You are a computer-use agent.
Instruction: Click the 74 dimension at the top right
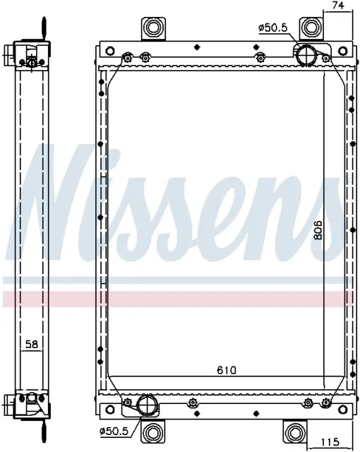pos(338,6)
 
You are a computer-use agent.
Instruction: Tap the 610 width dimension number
pos(227,370)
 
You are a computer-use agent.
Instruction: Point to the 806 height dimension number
pos(318,230)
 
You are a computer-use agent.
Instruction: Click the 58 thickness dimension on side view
pos(32,344)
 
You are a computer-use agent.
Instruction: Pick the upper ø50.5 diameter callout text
pos(273,28)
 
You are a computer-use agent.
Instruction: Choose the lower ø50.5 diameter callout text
pos(113,432)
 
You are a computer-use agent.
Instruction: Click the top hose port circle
pos(306,56)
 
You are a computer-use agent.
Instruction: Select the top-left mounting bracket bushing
pos(153,28)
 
